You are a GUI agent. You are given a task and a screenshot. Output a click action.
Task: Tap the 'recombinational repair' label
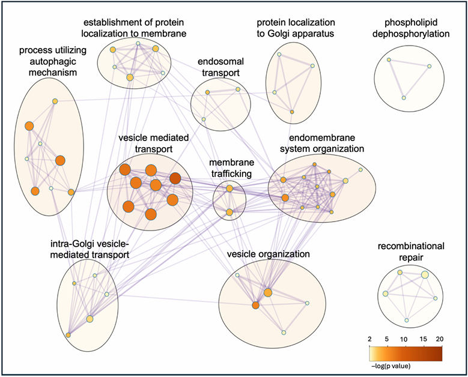click(x=411, y=252)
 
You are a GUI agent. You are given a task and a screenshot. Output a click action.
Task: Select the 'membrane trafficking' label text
click(x=231, y=169)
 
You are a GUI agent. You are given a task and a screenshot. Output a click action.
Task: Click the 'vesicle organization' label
click(x=268, y=254)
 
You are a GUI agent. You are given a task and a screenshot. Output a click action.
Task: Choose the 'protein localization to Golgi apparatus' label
click(x=295, y=28)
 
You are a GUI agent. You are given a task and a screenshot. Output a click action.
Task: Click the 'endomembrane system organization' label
click(x=323, y=143)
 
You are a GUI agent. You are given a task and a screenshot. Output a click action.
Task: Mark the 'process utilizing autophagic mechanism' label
click(x=49, y=61)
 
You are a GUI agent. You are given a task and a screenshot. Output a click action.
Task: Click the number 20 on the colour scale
click(x=440, y=339)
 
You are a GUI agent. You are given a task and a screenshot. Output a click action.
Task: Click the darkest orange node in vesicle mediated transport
click(x=175, y=178)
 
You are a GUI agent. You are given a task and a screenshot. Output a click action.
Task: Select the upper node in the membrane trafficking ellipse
click(x=229, y=189)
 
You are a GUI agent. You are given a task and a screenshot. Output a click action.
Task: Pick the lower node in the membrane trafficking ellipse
click(x=229, y=212)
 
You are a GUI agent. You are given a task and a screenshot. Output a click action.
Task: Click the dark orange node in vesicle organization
click(x=255, y=306)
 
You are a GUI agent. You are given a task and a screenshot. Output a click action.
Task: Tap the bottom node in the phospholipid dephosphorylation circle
click(x=404, y=98)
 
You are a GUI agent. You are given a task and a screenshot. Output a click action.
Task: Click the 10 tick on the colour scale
click(x=404, y=339)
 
